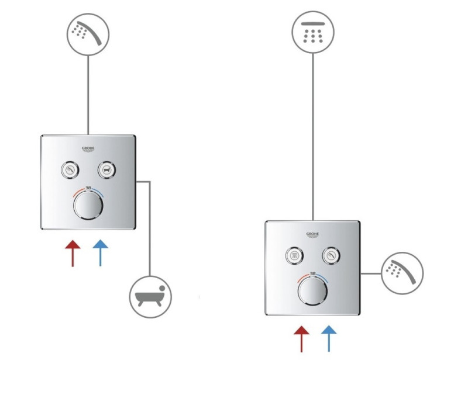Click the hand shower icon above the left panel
(88, 34)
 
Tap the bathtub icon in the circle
(150, 297)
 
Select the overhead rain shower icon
(313, 32)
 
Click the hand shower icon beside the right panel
(402, 273)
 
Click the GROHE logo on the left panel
(88, 149)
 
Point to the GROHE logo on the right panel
(312, 235)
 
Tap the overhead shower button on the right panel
(294, 256)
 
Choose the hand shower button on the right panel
(331, 256)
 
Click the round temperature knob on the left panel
(88, 206)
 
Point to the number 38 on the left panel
(88, 188)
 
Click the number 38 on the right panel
(312, 273)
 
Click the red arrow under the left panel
(73, 253)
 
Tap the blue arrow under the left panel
(100, 253)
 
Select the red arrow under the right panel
(301, 339)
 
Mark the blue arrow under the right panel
(329, 339)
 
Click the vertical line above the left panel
(88, 95)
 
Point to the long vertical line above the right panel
(313, 137)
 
